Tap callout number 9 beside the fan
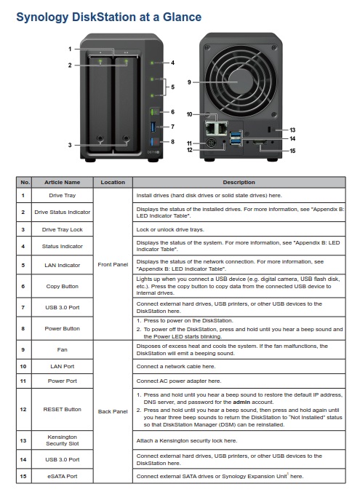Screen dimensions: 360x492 pyautogui.click(x=189, y=82)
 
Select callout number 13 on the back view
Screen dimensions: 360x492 pyautogui.click(x=292, y=130)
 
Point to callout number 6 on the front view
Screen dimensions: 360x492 pyautogui.click(x=172, y=112)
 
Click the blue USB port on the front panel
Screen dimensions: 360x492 pyautogui.click(x=153, y=127)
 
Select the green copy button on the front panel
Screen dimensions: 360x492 pyautogui.click(x=154, y=112)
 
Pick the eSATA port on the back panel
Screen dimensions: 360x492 pyautogui.click(x=260, y=143)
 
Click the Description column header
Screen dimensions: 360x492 pyautogui.click(x=239, y=182)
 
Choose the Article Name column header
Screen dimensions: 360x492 pyautogui.click(x=62, y=182)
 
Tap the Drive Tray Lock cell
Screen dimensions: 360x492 pyautogui.click(x=62, y=230)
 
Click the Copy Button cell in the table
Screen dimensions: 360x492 pyautogui.click(x=62, y=287)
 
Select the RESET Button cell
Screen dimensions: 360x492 pyautogui.click(x=62, y=410)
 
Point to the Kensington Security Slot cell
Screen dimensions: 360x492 pyautogui.click(x=62, y=440)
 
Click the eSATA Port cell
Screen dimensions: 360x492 pyautogui.click(x=62, y=476)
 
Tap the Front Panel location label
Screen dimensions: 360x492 pyautogui.click(x=113, y=264)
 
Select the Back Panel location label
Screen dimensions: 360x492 pyautogui.click(x=113, y=411)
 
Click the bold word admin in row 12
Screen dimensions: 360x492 pyautogui.click(x=241, y=402)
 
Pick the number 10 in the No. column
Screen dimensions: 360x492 pyautogui.click(x=23, y=367)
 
